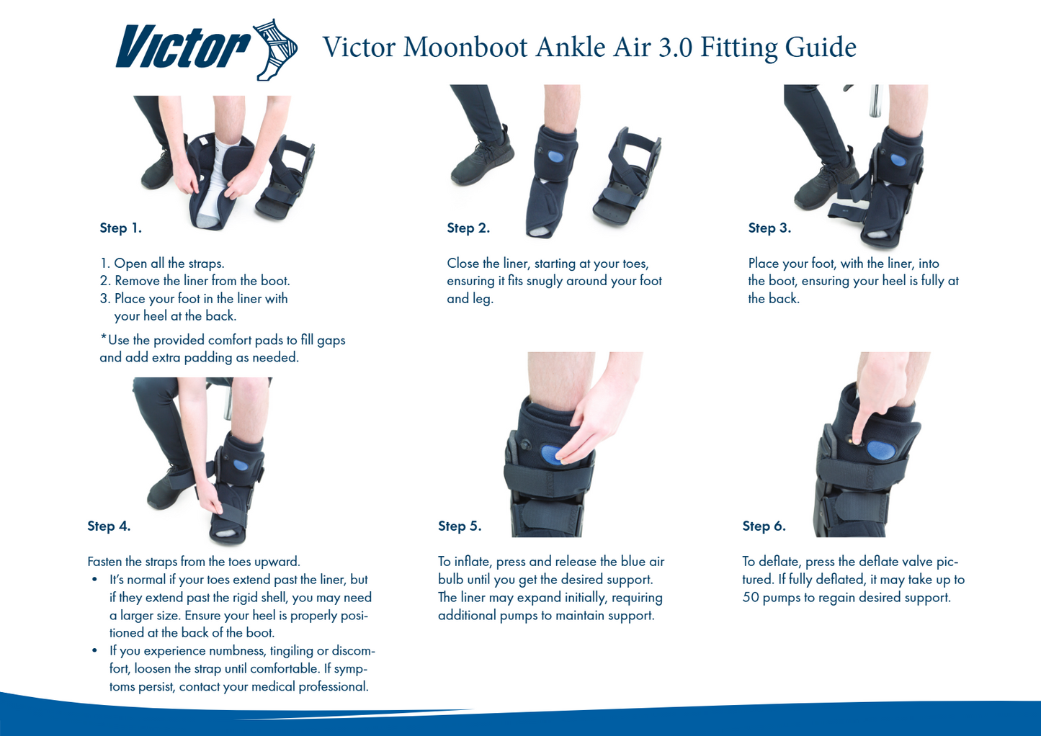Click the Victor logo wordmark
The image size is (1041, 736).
183,48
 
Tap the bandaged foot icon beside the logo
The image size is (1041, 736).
275,50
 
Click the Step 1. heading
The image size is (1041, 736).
120,228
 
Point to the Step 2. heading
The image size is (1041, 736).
468,228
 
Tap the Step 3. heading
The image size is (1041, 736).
769,228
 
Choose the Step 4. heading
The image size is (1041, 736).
109,526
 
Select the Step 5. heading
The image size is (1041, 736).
460,526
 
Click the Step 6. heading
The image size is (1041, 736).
764,526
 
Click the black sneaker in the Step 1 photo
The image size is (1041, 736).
158,169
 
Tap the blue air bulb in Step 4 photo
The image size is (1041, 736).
241,465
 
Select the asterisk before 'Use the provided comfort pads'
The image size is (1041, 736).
103,337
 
